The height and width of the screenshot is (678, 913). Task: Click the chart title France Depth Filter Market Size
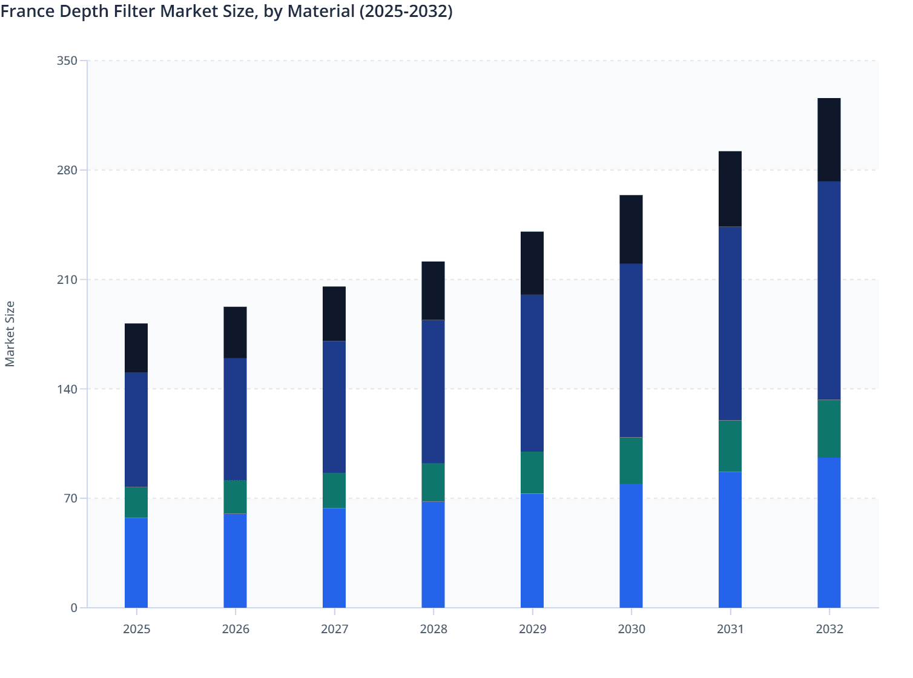[x=226, y=11]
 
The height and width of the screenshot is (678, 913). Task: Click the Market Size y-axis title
[x=10, y=334]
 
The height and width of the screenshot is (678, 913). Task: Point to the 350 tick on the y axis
[x=67, y=61]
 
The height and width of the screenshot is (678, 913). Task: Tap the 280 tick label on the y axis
[x=67, y=170]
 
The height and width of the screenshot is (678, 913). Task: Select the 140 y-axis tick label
[x=67, y=389]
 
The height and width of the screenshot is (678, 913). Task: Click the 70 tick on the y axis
[x=70, y=498]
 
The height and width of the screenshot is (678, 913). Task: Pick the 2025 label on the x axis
[x=136, y=629]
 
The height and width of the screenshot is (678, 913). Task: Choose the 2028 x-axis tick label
[x=433, y=629]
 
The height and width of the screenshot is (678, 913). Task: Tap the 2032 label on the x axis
[x=829, y=629]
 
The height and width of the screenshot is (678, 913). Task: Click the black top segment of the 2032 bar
[x=829, y=140]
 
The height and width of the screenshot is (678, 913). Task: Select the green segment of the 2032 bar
[x=829, y=429]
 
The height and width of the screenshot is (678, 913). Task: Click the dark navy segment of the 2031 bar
[x=730, y=323]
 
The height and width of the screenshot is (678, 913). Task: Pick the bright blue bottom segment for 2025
[x=136, y=562]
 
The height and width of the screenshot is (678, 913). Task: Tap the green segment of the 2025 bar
[x=136, y=502]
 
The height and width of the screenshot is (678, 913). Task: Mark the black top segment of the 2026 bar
[x=235, y=332]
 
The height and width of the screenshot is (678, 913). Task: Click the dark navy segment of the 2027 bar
[x=334, y=407]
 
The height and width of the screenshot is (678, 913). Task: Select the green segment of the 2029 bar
[x=532, y=472]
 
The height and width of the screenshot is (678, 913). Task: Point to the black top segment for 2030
[x=631, y=229]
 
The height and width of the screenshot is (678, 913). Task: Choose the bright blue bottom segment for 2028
[x=433, y=555]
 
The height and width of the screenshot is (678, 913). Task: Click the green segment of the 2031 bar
[x=730, y=446]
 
